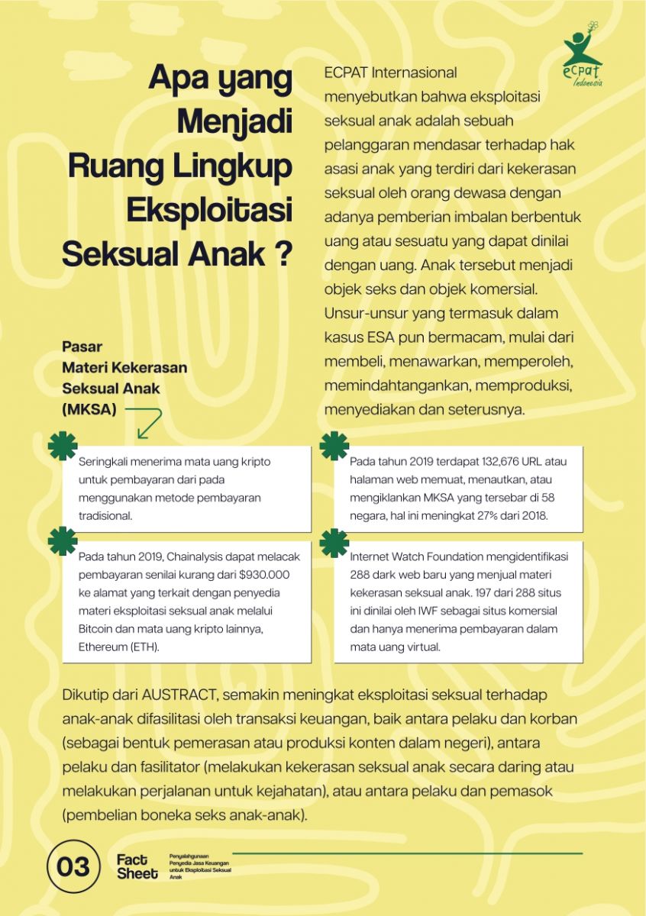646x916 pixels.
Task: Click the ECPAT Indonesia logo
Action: pyautogui.click(x=583, y=55)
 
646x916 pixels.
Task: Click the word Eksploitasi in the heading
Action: pyautogui.click(x=209, y=208)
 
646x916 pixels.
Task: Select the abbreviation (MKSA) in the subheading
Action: pyautogui.click(x=89, y=409)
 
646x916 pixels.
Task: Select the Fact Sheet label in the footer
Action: pyautogui.click(x=137, y=866)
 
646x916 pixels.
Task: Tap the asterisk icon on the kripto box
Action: pyautogui.click(x=63, y=446)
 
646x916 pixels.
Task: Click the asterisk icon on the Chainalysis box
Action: pyautogui.click(x=63, y=540)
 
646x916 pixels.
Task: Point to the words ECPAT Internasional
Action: pyautogui.click(x=390, y=73)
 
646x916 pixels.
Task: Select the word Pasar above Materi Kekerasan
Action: pyautogui.click(x=82, y=347)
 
